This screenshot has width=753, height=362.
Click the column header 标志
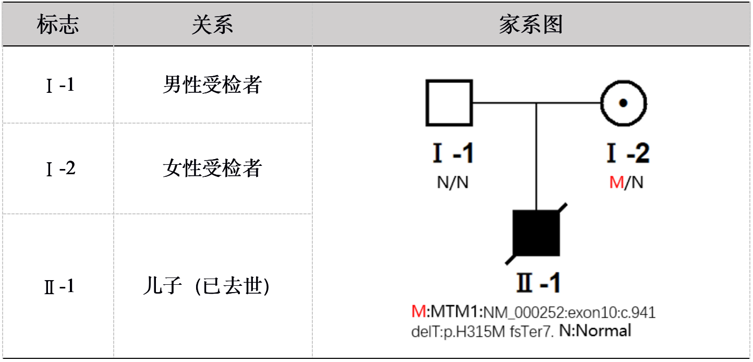tap(58, 24)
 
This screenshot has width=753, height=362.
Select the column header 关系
tap(212, 24)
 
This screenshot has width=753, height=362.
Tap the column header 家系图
tap(531, 24)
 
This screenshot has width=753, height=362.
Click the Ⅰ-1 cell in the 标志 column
tap(60, 85)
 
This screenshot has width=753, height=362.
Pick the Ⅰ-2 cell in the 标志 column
tap(60, 168)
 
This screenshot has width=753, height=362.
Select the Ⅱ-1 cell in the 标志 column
tap(59, 286)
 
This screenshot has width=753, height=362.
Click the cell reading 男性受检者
tap(212, 85)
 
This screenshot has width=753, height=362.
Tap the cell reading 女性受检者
tap(212, 168)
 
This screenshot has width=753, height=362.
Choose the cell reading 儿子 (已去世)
tap(207, 286)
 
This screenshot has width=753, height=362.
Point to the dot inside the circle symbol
tap(623, 103)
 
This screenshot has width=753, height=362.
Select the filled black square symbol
tap(536, 233)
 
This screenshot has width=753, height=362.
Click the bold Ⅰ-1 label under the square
tap(453, 153)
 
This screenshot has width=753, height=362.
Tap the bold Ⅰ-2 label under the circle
tap(628, 153)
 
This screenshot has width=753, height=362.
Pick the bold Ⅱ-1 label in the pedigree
tap(538, 282)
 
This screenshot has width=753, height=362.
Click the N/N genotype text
tap(453, 183)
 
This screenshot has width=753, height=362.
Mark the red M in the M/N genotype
tap(616, 183)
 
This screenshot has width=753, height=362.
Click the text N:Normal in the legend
tap(595, 331)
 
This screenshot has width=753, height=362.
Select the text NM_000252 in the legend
tap(525, 312)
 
